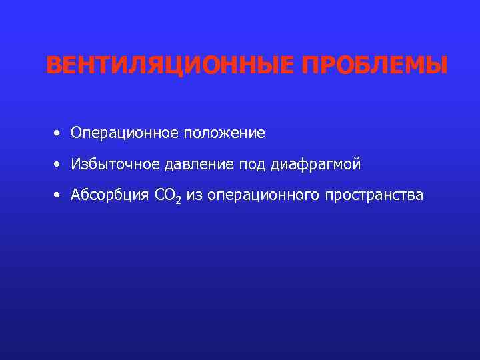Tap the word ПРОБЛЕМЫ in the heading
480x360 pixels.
click(x=375, y=66)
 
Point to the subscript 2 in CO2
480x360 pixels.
click(x=178, y=200)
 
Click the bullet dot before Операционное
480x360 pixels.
click(x=59, y=133)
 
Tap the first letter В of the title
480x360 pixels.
click(x=54, y=66)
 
